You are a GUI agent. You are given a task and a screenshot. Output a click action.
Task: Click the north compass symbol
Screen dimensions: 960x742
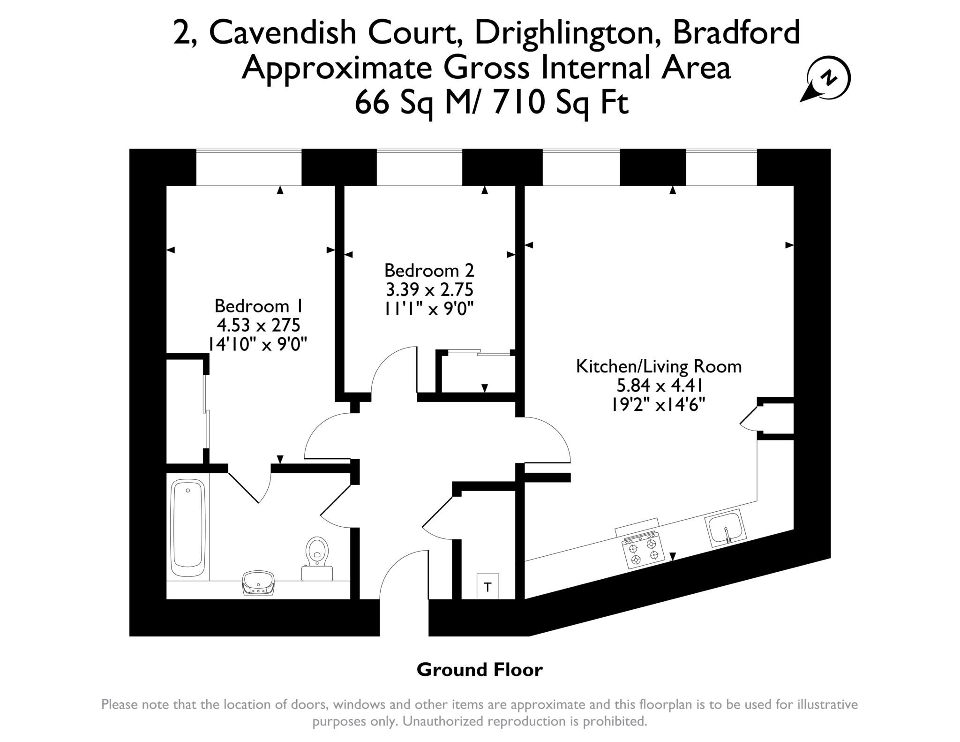point(826,80)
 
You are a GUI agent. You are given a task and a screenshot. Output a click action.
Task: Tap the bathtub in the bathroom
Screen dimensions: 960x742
point(188,528)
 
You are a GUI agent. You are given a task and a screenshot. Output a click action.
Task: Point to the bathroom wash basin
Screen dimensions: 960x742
point(257,583)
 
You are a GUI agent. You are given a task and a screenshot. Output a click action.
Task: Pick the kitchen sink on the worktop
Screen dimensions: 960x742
point(725,528)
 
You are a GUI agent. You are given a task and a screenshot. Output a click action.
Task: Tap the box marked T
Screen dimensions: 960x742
point(488,586)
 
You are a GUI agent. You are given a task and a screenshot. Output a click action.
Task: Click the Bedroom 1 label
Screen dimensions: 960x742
point(258,306)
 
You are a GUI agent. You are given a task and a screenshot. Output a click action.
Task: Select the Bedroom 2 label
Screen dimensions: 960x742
point(429,271)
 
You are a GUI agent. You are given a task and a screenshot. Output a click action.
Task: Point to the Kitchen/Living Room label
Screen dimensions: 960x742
point(659,366)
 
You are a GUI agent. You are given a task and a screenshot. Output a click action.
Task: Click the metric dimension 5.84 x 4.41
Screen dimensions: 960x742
point(659,386)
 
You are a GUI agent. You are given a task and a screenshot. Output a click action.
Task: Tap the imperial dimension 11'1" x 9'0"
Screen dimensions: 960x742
point(429,309)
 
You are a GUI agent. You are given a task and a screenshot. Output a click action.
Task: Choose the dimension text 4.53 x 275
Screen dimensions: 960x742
point(258,325)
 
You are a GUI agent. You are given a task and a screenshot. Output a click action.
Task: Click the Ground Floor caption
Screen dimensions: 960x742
point(480,670)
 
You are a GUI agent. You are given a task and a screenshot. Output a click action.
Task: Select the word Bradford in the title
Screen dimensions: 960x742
point(736,33)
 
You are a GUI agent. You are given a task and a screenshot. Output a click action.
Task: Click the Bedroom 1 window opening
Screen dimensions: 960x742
point(249,167)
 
